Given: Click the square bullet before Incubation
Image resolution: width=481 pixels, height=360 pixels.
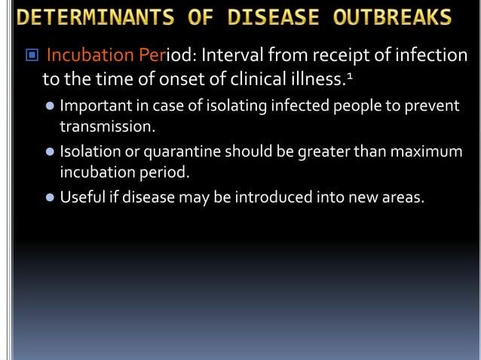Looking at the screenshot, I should (x=30, y=56).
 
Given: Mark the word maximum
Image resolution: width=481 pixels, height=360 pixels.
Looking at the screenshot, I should (x=427, y=151).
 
